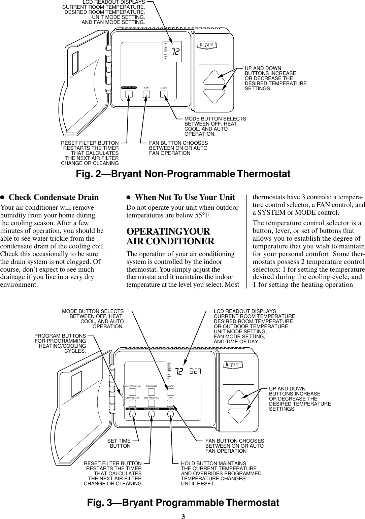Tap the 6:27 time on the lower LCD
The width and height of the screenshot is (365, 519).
(x=195, y=372)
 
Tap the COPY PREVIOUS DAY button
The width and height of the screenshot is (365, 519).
(x=133, y=392)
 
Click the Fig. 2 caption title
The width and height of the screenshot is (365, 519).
(x=183, y=174)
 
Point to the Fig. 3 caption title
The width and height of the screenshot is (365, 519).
(x=183, y=503)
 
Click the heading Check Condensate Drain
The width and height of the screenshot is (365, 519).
(x=54, y=197)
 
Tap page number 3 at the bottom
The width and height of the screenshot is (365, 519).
(x=183, y=516)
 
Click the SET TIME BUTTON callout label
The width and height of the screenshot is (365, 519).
(x=119, y=443)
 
